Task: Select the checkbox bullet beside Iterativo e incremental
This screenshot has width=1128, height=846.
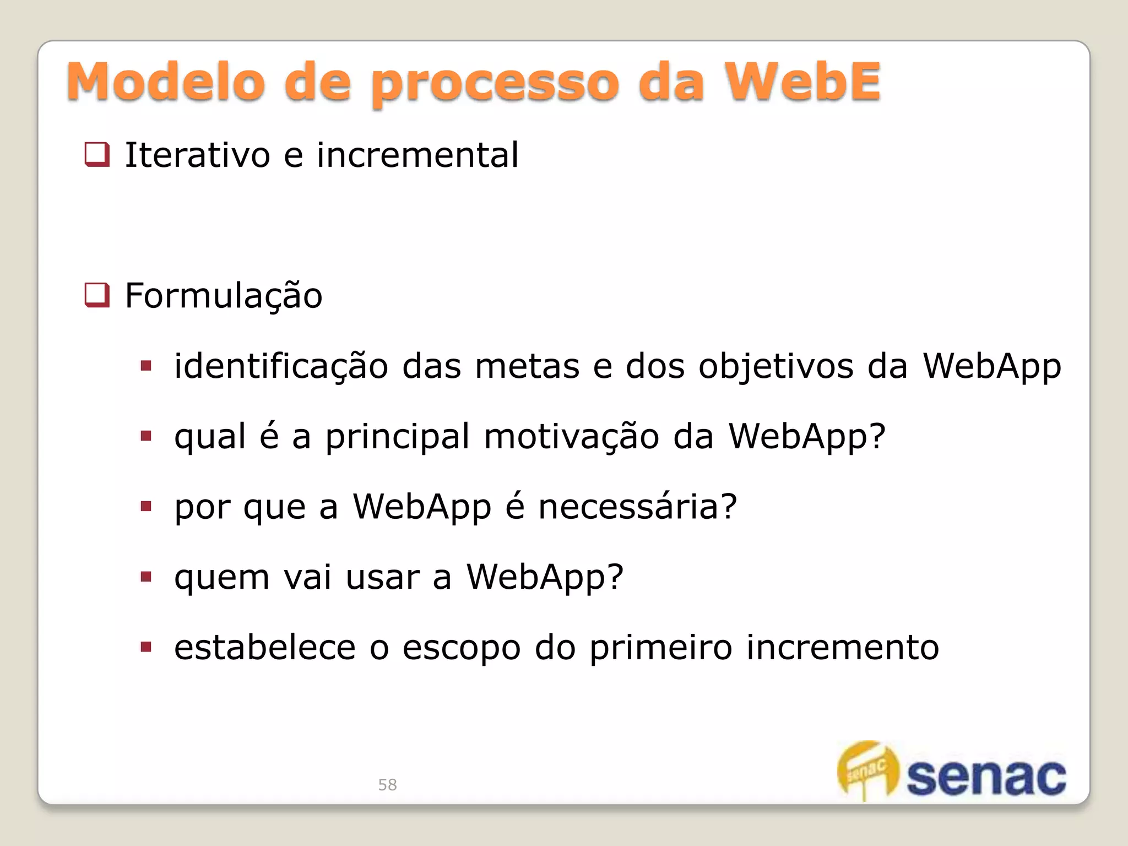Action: (x=97, y=154)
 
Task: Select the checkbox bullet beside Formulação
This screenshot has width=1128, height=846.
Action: (x=97, y=295)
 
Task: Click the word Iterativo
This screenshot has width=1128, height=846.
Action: (x=197, y=155)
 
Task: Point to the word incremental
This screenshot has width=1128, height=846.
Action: (x=417, y=155)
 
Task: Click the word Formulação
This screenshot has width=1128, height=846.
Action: (x=224, y=296)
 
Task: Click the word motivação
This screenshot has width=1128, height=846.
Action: (x=571, y=437)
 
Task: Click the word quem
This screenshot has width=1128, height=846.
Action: (x=222, y=578)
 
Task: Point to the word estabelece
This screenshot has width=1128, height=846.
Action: (x=265, y=647)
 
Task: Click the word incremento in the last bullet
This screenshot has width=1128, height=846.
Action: (x=842, y=647)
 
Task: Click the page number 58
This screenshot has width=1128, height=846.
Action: (x=387, y=785)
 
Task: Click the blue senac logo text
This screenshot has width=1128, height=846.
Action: (x=986, y=777)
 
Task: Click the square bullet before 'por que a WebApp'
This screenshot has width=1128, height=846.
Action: (x=146, y=507)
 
